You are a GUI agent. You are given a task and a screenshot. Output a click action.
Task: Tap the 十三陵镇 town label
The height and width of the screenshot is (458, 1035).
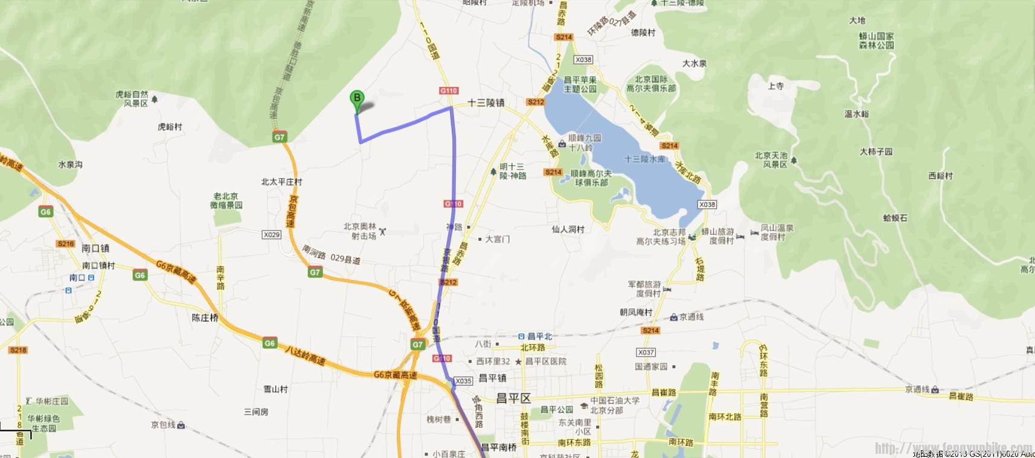[485, 103]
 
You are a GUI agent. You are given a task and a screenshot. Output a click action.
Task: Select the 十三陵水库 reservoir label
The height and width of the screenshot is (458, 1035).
[645, 159]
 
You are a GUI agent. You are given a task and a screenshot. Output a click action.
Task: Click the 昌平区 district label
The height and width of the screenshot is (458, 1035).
[513, 398]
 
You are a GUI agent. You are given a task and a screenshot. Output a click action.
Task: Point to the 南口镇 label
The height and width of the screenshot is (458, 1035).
[95, 248]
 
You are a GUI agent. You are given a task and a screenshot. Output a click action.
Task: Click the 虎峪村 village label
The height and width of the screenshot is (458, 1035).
[170, 127]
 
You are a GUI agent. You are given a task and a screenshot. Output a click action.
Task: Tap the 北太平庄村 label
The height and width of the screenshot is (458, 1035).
[281, 182]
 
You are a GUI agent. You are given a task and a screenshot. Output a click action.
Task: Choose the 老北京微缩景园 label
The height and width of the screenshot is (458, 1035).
[226, 201]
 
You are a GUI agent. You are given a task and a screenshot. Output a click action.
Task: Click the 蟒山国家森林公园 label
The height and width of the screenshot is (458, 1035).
[876, 41]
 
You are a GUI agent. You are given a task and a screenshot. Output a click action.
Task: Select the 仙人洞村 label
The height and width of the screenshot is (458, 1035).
[568, 229]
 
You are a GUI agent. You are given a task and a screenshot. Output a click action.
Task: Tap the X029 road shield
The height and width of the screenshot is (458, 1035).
[272, 235]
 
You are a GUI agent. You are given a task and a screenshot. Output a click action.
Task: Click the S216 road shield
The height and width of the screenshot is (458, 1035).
[66, 244]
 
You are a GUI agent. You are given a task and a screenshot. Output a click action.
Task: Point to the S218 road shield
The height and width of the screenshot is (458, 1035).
[18, 350]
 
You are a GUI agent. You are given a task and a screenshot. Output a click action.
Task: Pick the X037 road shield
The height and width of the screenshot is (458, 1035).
[646, 352]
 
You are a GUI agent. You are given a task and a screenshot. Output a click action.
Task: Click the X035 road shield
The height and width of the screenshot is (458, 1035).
[463, 381]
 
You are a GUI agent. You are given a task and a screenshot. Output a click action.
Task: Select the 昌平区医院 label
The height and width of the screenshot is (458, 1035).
[546, 361]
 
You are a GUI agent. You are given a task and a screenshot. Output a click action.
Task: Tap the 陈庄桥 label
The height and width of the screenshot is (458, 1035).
[205, 317]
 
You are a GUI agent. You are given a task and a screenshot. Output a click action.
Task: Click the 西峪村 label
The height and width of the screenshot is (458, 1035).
[940, 176]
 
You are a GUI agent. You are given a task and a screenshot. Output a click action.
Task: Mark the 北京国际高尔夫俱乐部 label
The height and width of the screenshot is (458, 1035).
[651, 84]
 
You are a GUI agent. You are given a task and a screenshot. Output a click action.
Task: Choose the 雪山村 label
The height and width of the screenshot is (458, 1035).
[275, 389]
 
